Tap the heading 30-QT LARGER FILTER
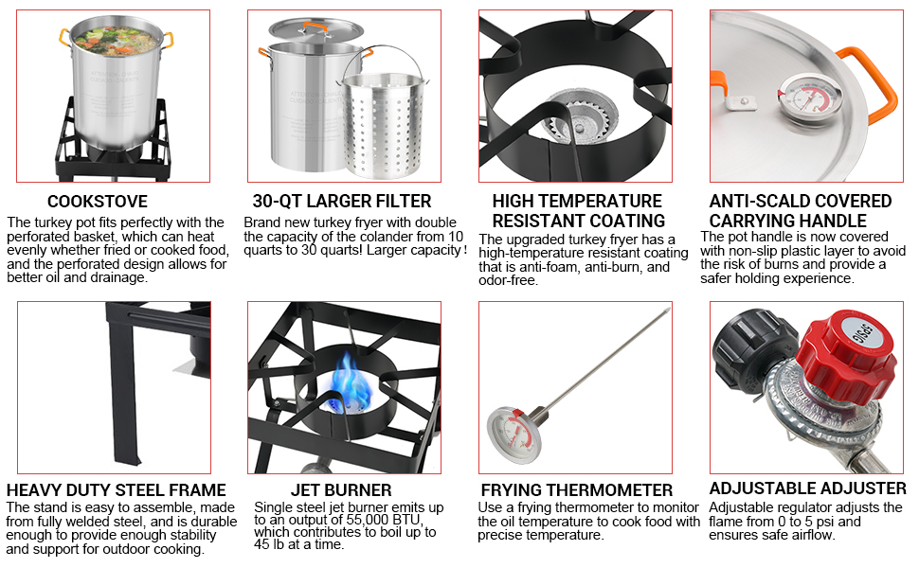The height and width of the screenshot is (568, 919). pyautogui.click(x=342, y=202)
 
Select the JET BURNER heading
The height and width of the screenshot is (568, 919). pyautogui.click(x=341, y=490)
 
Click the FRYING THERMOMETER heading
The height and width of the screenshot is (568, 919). pyautogui.click(x=576, y=490)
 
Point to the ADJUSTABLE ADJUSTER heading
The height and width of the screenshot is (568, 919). pyautogui.click(x=807, y=488)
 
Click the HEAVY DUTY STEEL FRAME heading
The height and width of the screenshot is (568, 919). pyautogui.click(x=116, y=490)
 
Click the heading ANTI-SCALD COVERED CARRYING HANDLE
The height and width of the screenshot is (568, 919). pyautogui.click(x=801, y=210)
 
